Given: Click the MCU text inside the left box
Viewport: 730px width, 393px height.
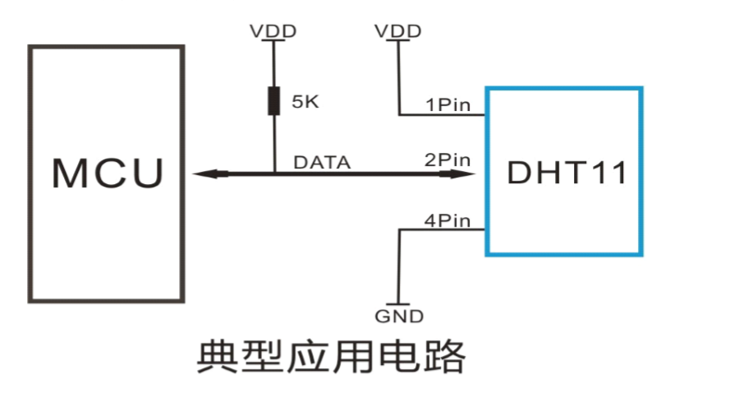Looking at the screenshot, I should coord(108,173).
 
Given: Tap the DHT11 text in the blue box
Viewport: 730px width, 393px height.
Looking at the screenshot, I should coord(567,173).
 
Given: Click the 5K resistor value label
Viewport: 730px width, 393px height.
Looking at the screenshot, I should coord(305,103).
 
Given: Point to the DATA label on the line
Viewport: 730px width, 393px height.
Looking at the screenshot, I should coord(322,163).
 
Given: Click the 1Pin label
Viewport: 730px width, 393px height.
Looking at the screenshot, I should coord(448,105).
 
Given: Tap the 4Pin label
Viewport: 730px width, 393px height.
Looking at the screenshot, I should coord(448,220).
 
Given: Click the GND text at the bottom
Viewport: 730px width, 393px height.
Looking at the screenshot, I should coord(399,317).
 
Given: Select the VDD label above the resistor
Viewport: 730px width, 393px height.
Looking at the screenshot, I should coord(273,31).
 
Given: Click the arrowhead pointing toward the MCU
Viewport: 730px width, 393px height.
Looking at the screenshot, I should coord(205,173).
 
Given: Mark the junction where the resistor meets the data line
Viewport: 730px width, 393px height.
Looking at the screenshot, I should coord(273,173).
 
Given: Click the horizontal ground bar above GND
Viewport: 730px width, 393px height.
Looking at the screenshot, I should coord(399,303).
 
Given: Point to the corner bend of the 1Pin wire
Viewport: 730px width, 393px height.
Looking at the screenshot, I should coord(399,114).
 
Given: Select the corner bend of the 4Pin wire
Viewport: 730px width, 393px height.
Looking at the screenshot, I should coord(399,230).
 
